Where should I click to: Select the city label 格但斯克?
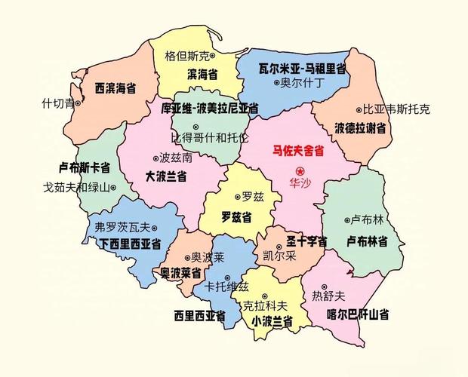click(188, 56)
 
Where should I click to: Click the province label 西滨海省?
click(115, 88)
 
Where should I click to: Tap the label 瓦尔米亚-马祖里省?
click(291, 69)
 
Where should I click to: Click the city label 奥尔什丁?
click(302, 83)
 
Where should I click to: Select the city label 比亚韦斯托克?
click(396, 109)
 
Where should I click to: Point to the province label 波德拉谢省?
click(361, 127)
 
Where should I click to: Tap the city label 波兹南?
click(176, 158)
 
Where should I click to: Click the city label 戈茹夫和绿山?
click(76, 187)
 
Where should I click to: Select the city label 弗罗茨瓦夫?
click(123, 226)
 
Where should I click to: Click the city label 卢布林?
click(368, 219)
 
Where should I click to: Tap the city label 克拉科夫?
click(265, 305)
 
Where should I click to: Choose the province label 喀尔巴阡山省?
click(358, 314)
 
